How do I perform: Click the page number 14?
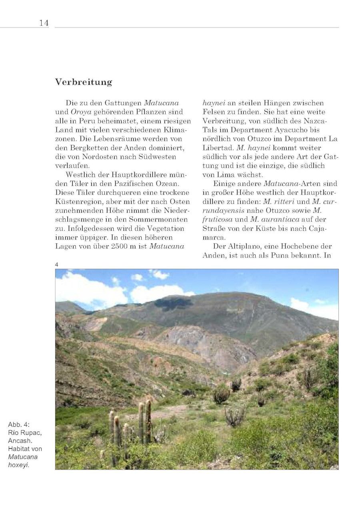(44, 23)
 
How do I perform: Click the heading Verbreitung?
(84, 82)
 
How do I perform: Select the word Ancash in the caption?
(19, 441)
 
